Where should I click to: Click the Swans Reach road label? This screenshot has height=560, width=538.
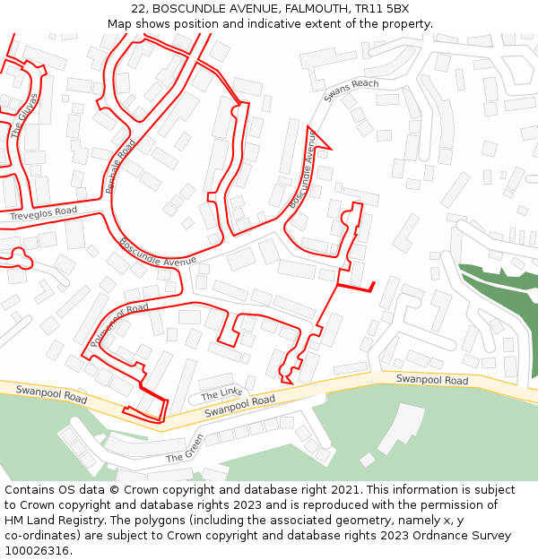click(351, 90)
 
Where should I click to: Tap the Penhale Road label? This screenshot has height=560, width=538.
click(119, 167)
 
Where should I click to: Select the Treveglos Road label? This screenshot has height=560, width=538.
click(44, 214)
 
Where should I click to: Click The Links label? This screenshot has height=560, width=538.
click(221, 393)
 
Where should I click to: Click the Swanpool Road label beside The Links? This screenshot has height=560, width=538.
click(239, 406)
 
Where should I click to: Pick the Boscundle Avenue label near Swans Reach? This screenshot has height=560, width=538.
click(302, 170)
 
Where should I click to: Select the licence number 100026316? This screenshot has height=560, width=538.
click(39, 551)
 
